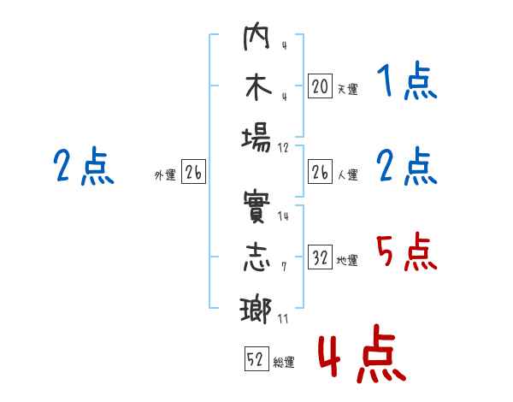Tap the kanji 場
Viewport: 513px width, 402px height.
click(256, 137)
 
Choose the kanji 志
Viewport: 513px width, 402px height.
click(256, 260)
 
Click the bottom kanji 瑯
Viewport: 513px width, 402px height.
click(256, 309)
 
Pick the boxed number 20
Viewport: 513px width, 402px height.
click(320, 86)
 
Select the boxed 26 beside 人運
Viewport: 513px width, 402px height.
click(320, 172)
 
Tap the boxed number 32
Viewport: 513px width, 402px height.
click(320, 257)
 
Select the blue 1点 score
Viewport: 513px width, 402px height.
click(406, 83)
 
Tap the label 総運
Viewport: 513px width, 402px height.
click(284, 363)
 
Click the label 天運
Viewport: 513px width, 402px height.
click(347, 89)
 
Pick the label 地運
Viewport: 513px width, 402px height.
click(347, 261)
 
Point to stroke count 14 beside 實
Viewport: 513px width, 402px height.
click(283, 216)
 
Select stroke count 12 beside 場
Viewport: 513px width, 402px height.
click(283, 146)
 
